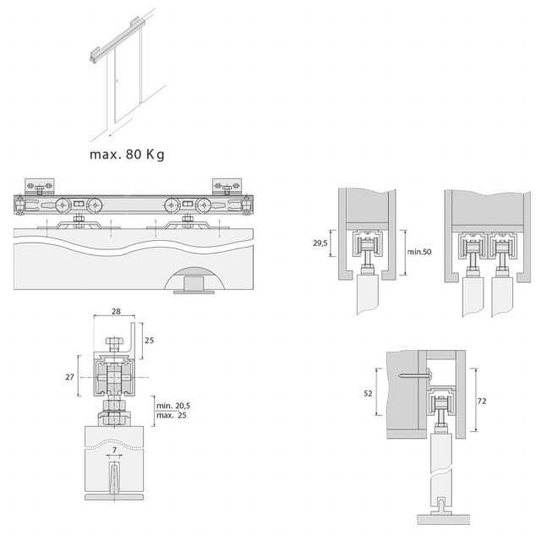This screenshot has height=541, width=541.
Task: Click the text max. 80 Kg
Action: point(127,154)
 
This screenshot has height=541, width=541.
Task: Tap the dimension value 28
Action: point(117,311)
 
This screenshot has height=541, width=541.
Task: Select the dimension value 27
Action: point(69,377)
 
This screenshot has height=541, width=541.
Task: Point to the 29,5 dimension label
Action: point(320,243)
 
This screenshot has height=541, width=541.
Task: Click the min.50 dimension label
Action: point(419,252)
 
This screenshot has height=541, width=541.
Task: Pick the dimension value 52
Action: point(369,393)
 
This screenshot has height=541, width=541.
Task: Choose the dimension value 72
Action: point(482,401)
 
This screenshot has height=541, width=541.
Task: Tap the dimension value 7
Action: point(115,450)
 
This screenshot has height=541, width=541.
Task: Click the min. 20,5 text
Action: point(173,406)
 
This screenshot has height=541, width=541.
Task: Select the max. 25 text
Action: point(172,415)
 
